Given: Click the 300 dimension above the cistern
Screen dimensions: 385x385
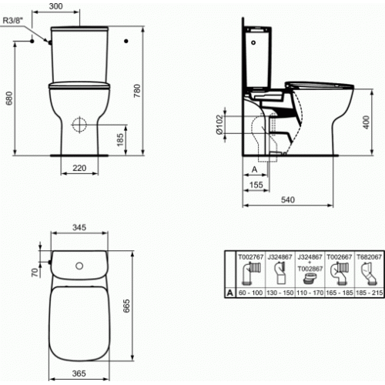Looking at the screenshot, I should pos(78,5).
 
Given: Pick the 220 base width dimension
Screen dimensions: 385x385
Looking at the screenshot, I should pos(79,167).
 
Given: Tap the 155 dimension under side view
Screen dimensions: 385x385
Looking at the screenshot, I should pos(257,186).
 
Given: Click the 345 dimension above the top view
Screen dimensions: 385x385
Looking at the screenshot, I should pos(78,229).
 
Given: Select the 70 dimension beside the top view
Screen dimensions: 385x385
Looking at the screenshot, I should pos(33,272).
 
